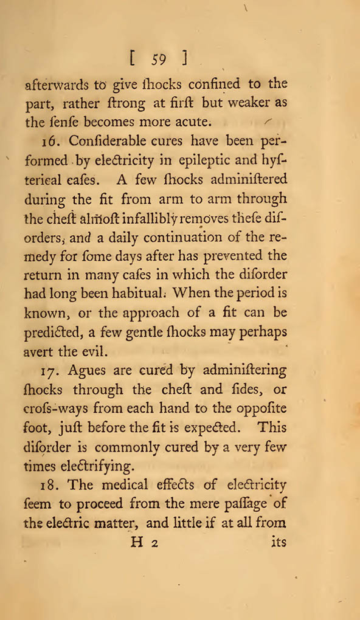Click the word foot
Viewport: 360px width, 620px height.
tap(36, 427)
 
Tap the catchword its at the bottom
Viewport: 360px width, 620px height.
tap(277, 543)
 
